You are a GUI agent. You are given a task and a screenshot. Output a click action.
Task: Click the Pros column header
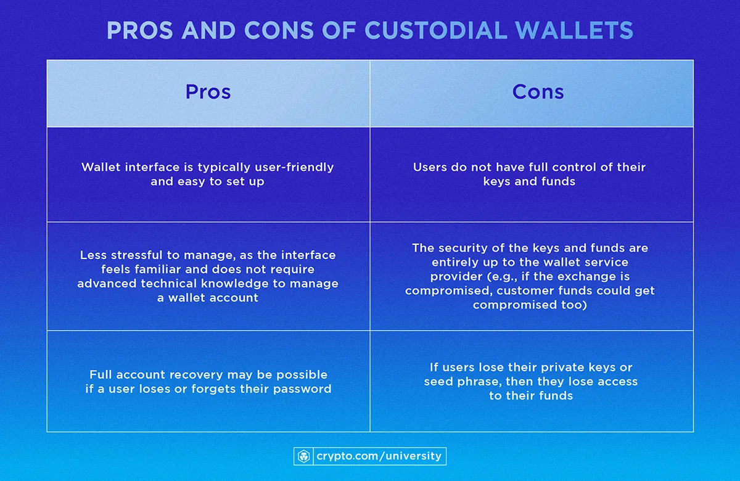tap(208, 92)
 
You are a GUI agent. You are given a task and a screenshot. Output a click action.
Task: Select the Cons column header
tap(538, 92)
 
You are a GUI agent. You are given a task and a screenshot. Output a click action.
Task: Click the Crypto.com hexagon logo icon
tap(303, 456)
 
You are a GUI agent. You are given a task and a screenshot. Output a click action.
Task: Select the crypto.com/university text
tap(379, 456)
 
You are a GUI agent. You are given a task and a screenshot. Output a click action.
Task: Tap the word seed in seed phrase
tap(437, 381)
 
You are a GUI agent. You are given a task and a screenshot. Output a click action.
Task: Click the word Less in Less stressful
tap(93, 255)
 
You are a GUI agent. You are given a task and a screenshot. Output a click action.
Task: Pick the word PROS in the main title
tap(133, 30)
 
